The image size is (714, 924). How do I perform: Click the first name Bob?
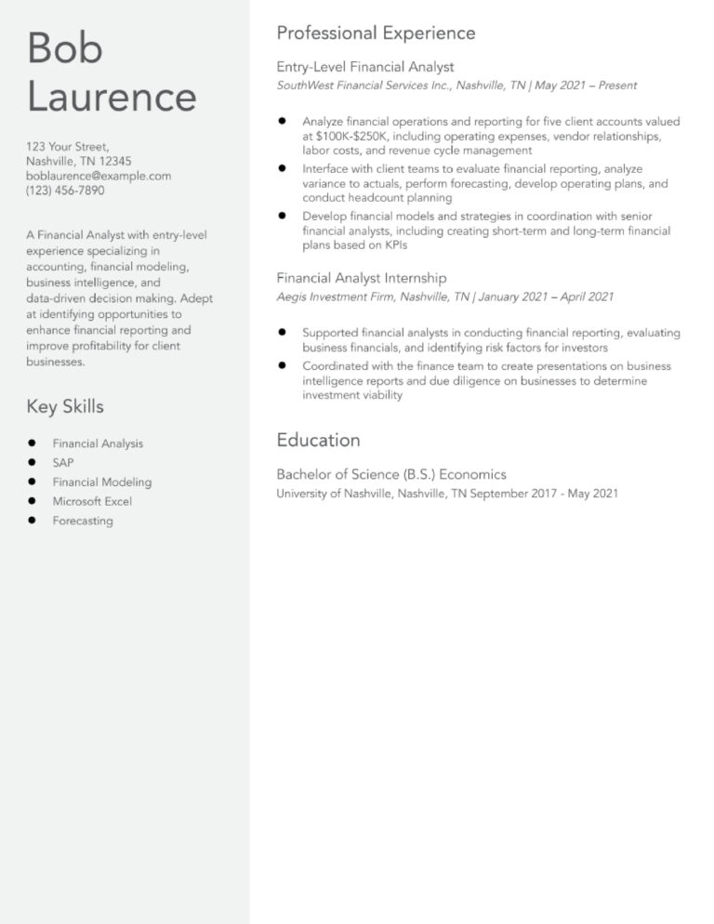[64, 48]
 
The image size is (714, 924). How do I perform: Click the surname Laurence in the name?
[112, 97]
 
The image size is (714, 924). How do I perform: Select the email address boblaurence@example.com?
[99, 176]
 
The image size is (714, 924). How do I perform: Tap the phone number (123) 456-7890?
[65, 191]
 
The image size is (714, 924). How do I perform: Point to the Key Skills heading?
[65, 406]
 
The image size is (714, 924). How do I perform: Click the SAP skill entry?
[63, 463]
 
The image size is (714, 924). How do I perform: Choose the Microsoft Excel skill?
[92, 501]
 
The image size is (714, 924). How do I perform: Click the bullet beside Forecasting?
[32, 521]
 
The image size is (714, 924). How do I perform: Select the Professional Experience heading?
[376, 33]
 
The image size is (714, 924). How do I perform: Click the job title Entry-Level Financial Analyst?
[365, 67]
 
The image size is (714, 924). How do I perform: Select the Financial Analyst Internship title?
[362, 278]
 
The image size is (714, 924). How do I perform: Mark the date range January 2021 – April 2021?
[547, 297]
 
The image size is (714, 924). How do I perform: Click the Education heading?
[318, 440]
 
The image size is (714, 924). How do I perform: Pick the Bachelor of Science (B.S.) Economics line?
[391, 474]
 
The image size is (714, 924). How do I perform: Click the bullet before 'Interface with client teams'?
[282, 168]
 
